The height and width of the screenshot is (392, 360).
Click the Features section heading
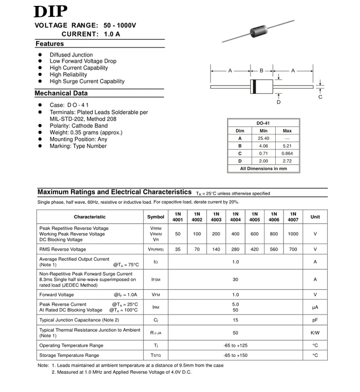click(50, 44)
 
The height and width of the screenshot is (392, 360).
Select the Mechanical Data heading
click(61, 93)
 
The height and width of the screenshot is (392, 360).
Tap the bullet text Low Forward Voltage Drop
click(83, 61)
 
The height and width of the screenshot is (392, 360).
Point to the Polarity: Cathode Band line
click(78, 126)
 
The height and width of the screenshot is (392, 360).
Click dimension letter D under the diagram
click(279, 102)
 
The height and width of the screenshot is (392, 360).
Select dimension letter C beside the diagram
click(320, 97)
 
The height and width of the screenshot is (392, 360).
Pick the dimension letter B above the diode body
click(262, 71)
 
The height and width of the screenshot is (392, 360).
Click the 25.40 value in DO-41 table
click(263, 138)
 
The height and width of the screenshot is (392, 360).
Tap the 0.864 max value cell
click(287, 154)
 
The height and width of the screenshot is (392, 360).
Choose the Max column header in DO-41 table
click(287, 131)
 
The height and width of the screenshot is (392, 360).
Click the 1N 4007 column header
click(293, 217)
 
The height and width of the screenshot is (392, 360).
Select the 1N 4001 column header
click(178, 217)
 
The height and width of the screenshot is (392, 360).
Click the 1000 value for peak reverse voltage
click(293, 234)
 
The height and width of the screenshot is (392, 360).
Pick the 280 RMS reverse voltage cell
click(235, 249)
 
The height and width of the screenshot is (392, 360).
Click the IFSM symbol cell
click(156, 279)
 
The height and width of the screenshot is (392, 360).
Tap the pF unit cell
click(315, 320)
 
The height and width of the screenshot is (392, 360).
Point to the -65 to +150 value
click(235, 355)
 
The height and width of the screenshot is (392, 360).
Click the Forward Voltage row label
click(57, 295)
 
